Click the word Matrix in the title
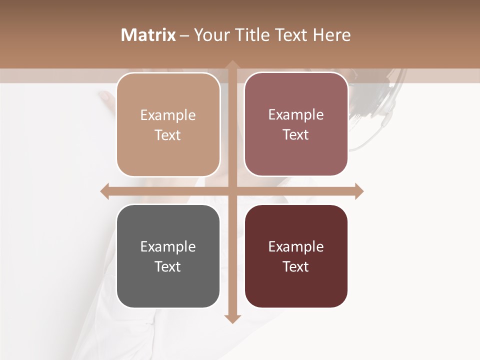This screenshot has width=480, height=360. [148, 35]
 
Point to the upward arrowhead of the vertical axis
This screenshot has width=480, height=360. [232, 65]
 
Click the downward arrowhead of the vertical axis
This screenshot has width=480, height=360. [232, 318]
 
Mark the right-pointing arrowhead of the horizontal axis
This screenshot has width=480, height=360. [358, 191]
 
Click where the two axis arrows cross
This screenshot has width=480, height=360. [232, 191]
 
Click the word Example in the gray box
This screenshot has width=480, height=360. [168, 246]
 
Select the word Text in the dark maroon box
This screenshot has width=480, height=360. [296, 266]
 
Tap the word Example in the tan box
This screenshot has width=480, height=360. [168, 115]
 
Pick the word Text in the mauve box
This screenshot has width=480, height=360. [296, 134]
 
